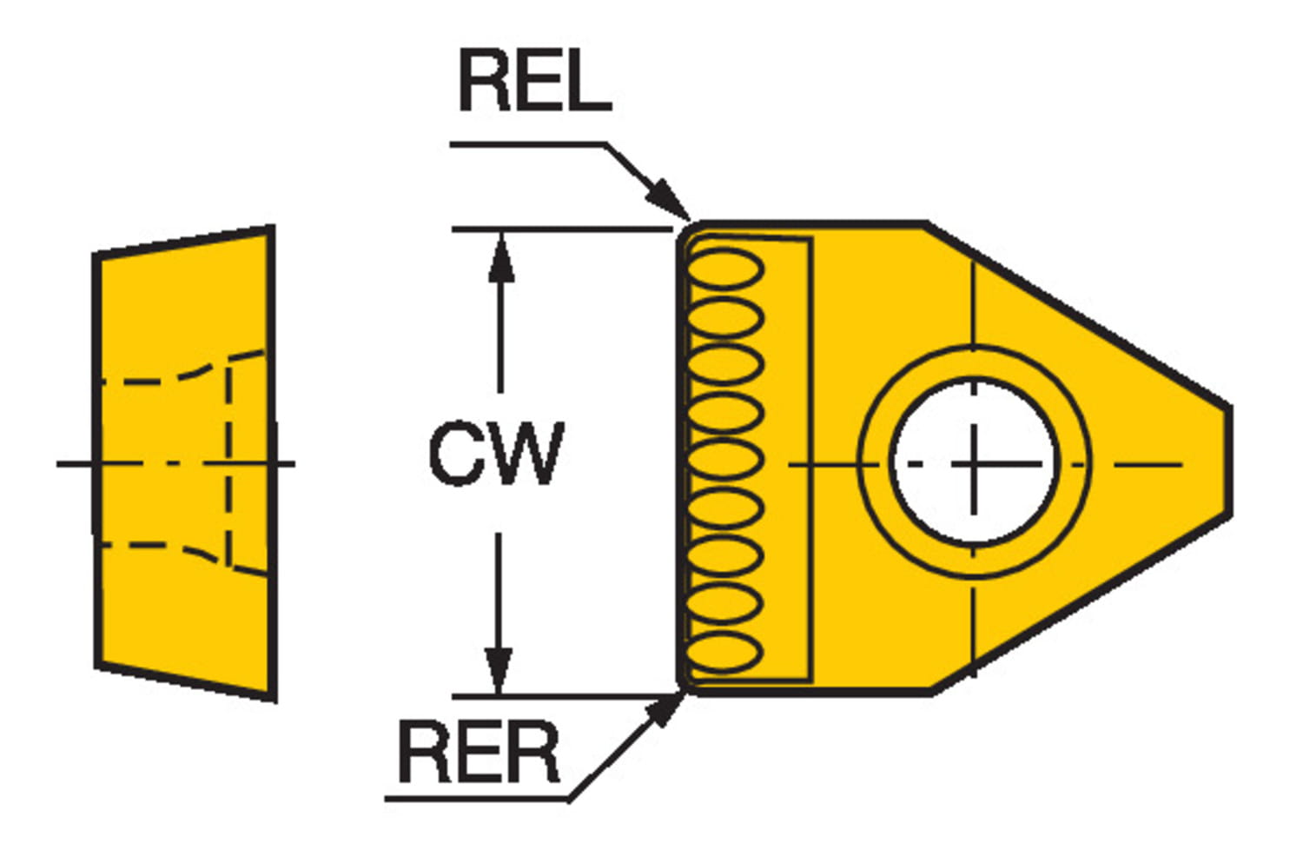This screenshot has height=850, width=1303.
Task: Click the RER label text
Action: tap(479, 753)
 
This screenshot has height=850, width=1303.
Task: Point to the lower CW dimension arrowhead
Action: tap(499, 669)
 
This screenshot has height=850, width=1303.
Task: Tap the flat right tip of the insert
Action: tap(1228, 461)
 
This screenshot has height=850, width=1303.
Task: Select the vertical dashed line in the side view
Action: tap(228, 461)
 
